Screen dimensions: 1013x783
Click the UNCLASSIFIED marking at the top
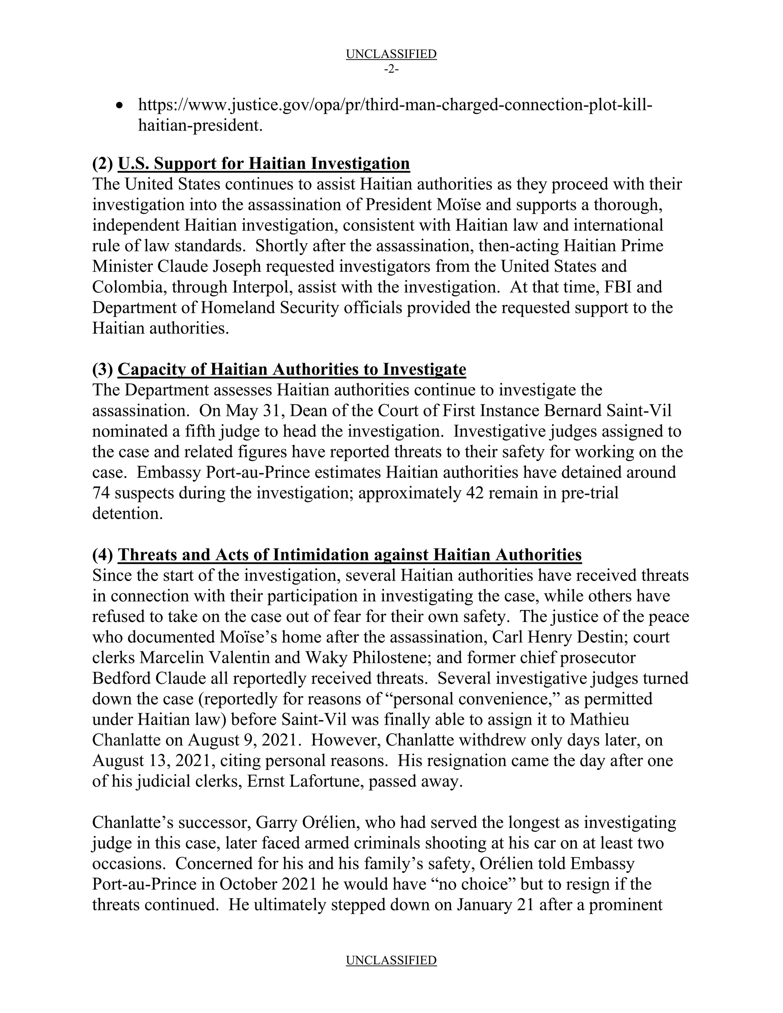[391, 54]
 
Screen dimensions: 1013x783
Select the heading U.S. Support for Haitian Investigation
[264, 163]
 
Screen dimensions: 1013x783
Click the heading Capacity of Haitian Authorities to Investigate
[292, 369]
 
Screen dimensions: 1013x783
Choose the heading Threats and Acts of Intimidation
[350, 555]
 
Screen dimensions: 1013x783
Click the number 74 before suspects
[101, 493]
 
